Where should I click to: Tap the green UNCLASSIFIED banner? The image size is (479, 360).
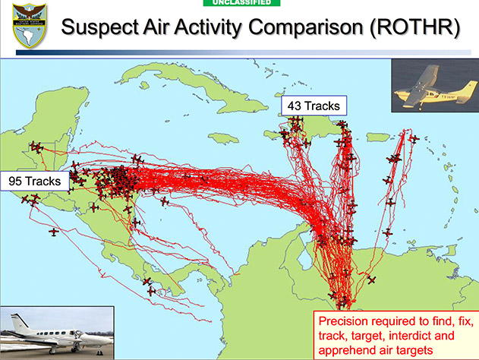[241, 3]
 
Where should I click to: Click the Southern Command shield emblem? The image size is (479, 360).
[30, 26]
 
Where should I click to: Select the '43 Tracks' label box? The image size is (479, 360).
[314, 106]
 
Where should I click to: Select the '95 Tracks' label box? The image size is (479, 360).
[34, 182]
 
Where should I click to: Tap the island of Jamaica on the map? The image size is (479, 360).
[223, 138]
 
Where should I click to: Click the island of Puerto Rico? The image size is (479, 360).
[378, 137]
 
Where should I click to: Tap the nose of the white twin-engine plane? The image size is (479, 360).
[109, 339]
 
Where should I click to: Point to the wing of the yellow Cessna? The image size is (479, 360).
[424, 83]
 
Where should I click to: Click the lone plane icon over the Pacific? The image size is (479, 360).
[54, 232]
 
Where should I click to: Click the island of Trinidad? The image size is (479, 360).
[449, 251]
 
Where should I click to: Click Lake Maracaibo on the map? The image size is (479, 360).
[304, 256]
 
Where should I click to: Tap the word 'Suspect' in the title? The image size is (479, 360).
[99, 27]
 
